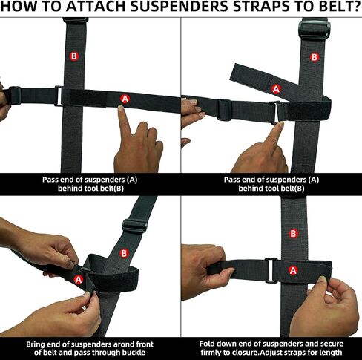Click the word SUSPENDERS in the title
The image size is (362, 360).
(x=180, y=7)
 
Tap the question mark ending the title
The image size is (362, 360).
(x=358, y=7)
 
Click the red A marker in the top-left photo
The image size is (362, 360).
(x=125, y=99)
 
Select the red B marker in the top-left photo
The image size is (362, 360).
(x=73, y=56)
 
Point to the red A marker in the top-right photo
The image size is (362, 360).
(x=276, y=88)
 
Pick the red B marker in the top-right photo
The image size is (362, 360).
(x=315, y=57)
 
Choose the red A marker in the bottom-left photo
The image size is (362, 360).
(x=79, y=280)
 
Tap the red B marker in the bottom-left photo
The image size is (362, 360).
(x=124, y=253)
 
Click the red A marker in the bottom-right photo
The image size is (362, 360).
(x=293, y=270)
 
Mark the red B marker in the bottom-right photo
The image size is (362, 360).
(x=293, y=233)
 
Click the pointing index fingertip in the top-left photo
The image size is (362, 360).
(x=120, y=108)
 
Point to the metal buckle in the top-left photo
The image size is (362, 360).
(x=59, y=96)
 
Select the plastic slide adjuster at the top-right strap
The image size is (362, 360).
(x=314, y=29)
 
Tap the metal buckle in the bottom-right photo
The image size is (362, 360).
(x=271, y=270)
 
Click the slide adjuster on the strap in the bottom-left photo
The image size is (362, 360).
(x=134, y=225)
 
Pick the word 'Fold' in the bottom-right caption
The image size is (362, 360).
(x=207, y=344)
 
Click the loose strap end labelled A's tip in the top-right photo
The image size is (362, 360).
(x=233, y=72)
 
